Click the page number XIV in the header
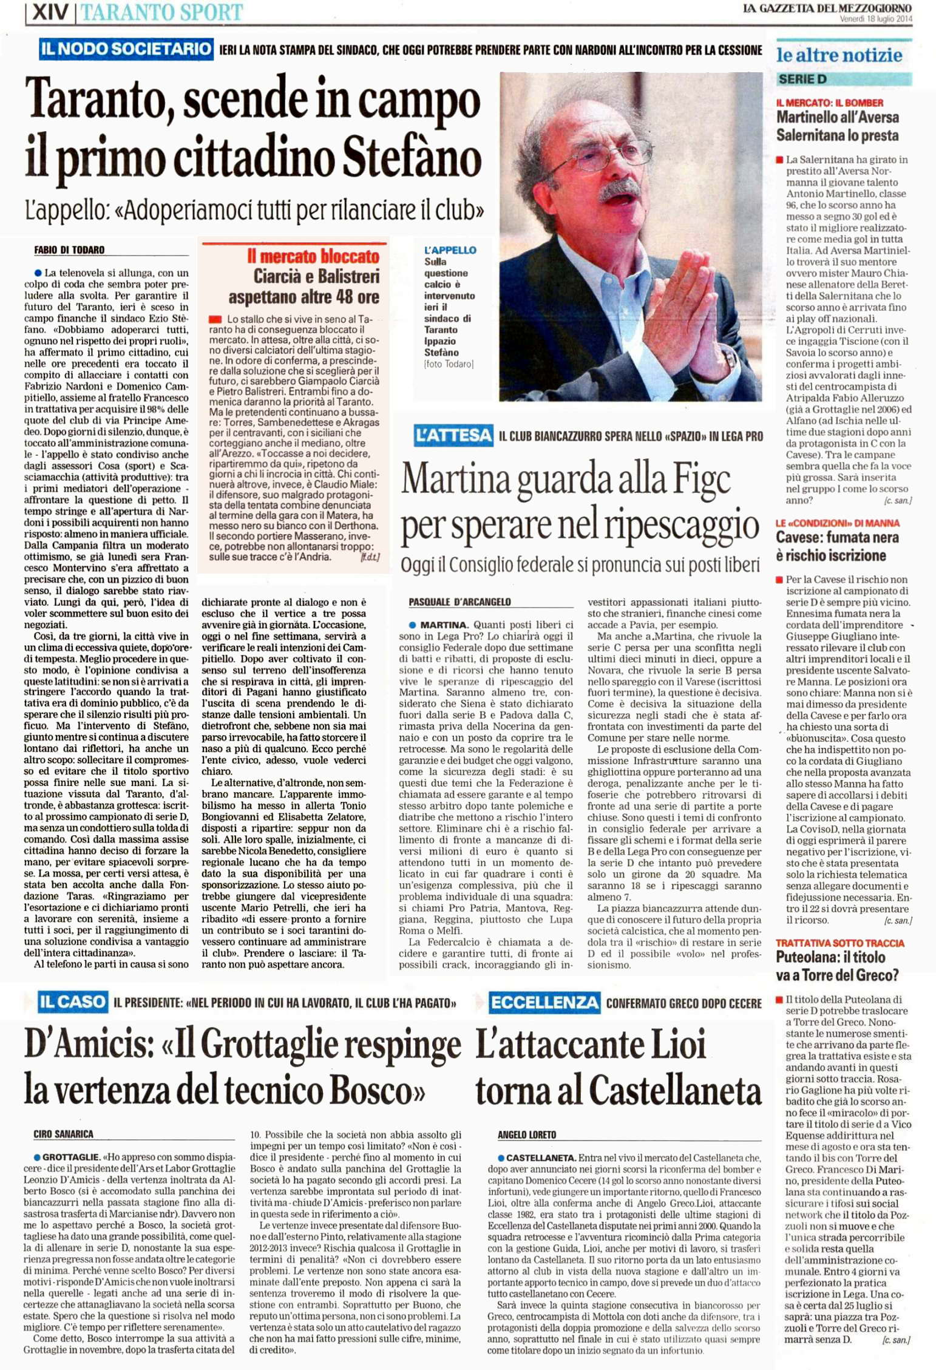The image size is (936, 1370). pyautogui.click(x=49, y=12)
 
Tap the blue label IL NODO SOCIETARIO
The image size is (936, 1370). pyautogui.click(x=126, y=49)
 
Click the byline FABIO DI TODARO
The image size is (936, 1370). pyautogui.click(x=69, y=250)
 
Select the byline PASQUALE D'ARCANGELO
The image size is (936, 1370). pyautogui.click(x=460, y=602)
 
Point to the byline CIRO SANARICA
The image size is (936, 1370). pyautogui.click(x=63, y=1134)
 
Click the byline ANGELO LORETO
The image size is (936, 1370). pyautogui.click(x=526, y=1134)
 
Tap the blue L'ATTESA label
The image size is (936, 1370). pyautogui.click(x=453, y=435)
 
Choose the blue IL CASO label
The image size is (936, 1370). pyautogui.click(x=72, y=1002)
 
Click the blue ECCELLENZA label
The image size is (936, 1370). pyautogui.click(x=544, y=1003)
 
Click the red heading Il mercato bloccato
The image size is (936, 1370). pyautogui.click(x=313, y=256)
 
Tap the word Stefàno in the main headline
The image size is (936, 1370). pyautogui.click(x=412, y=157)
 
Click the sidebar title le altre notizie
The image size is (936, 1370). pyautogui.click(x=839, y=55)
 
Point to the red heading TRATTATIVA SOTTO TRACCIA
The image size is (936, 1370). pyautogui.click(x=839, y=943)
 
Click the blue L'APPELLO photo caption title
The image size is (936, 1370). pyautogui.click(x=450, y=250)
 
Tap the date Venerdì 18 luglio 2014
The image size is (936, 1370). pyautogui.click(x=875, y=19)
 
